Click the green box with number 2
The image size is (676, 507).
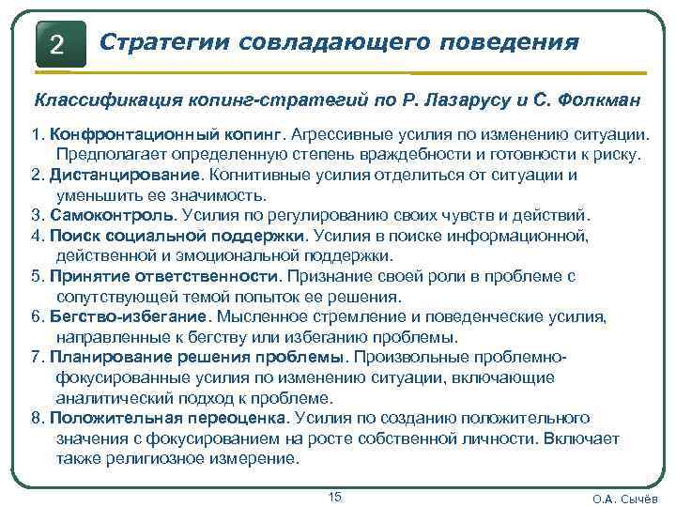click(58, 43)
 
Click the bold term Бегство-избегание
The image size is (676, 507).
click(131, 316)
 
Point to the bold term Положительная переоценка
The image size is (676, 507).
click(169, 418)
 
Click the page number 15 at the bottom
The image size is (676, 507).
click(335, 497)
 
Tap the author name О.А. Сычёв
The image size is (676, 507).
click(628, 499)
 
